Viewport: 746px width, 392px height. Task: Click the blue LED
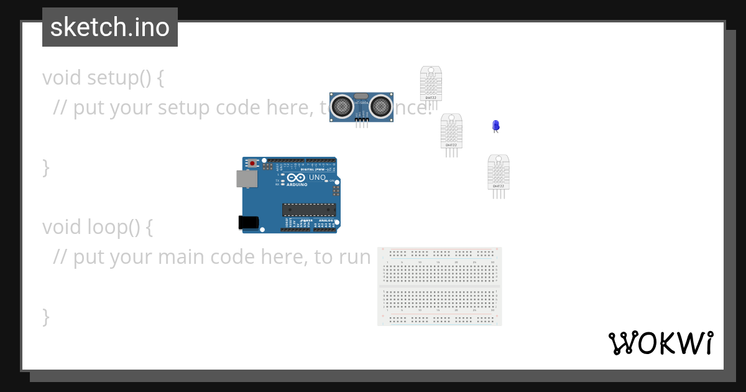[x=495, y=126]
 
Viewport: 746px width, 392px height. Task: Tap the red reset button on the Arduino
[x=252, y=163]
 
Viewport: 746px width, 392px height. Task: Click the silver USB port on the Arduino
[x=246, y=179]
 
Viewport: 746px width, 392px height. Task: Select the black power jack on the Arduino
[x=248, y=222]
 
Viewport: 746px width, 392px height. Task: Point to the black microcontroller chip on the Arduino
[x=309, y=210]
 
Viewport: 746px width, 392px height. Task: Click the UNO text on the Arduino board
[x=317, y=177]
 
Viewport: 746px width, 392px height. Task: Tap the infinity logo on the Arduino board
[x=297, y=178]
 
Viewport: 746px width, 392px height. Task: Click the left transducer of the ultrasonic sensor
[x=341, y=106]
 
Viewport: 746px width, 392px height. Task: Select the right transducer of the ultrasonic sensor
[x=380, y=106]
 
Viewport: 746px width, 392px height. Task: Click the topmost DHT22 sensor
[x=430, y=83]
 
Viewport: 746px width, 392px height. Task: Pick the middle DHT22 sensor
[x=451, y=131]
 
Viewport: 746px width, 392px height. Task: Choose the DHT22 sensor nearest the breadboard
[x=498, y=172]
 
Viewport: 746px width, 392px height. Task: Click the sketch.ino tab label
[x=110, y=27]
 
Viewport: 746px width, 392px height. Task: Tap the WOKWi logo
[x=661, y=343]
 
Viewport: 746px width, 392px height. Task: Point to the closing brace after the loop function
[x=46, y=316]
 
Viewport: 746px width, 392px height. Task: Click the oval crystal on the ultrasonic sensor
[x=361, y=96]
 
